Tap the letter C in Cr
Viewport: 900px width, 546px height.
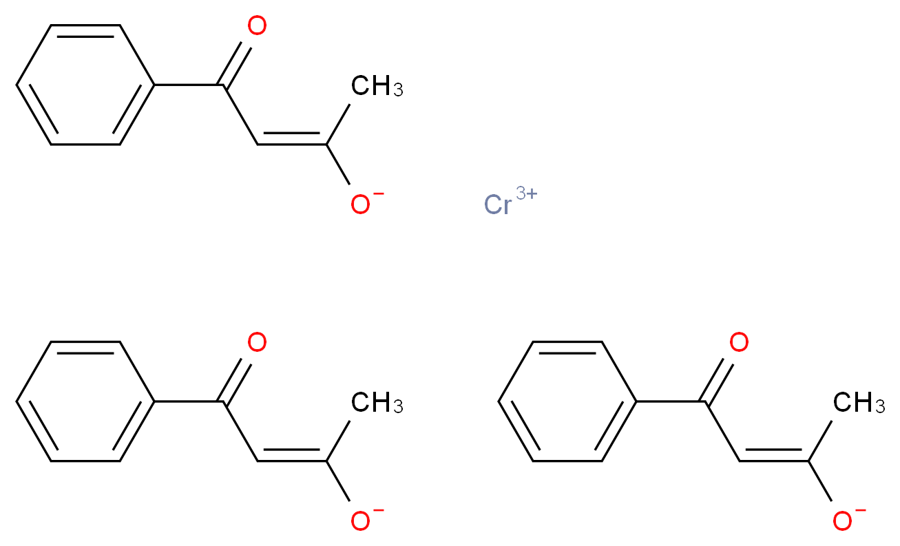pos(493,205)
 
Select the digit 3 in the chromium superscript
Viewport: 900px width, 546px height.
pos(522,194)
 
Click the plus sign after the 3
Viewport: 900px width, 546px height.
pos(532,194)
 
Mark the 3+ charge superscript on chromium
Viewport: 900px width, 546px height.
pos(527,194)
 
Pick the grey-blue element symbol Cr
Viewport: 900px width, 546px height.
pos(499,205)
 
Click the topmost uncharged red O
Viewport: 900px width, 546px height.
pos(257,27)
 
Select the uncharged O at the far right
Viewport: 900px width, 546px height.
pos(739,343)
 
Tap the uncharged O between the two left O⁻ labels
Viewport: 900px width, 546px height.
pos(257,343)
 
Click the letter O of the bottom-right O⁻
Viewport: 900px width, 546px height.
pos(841,522)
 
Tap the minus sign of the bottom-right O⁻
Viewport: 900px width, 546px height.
pos(861,511)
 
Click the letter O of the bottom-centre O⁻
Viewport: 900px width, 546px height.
pos(359,522)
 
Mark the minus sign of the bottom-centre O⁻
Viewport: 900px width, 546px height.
pos(379,511)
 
